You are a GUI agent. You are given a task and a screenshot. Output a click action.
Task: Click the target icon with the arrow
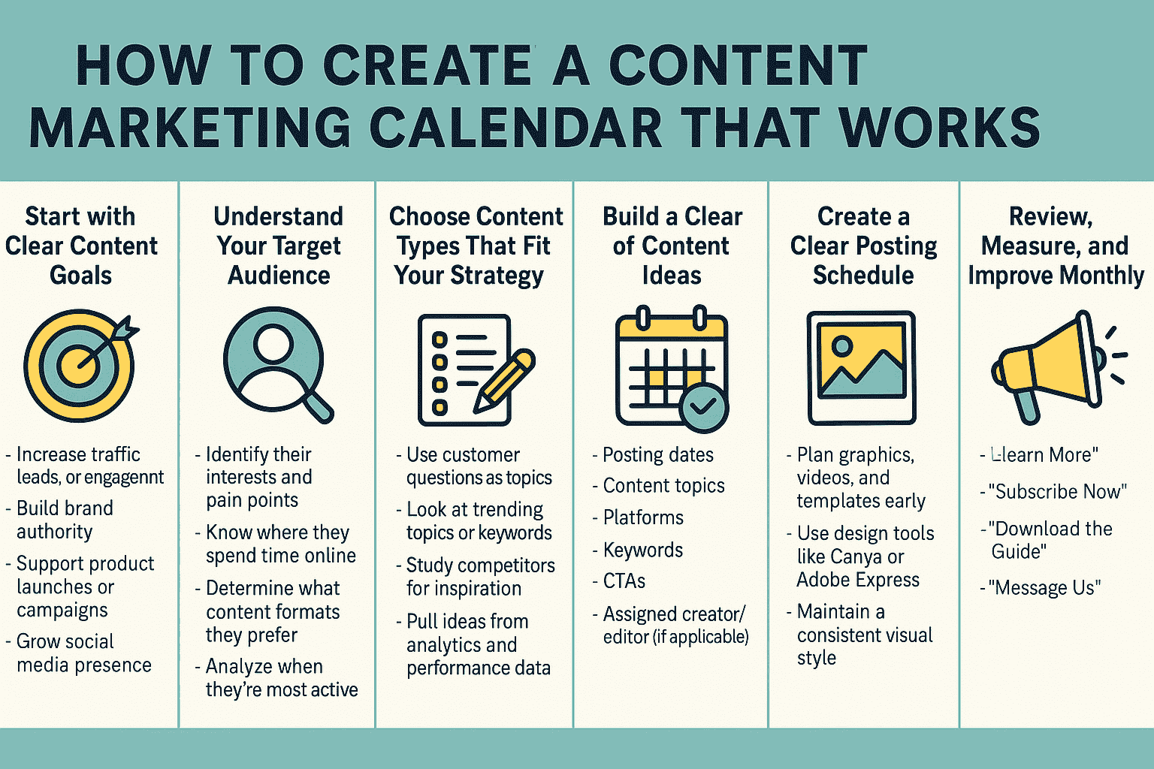pyautogui.click(x=80, y=366)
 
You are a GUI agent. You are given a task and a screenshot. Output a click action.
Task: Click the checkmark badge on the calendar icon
pyautogui.click(x=703, y=408)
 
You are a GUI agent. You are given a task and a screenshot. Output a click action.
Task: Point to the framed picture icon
pyautogui.click(x=861, y=368)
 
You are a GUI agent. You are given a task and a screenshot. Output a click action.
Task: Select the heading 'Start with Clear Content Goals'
pyautogui.click(x=80, y=246)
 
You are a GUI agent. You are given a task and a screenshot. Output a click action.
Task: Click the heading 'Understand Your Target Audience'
pyautogui.click(x=278, y=246)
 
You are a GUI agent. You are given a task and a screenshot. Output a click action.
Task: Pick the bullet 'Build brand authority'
pyautogui.click(x=65, y=520)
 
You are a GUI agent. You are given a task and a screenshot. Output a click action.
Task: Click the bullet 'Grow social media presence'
pyautogui.click(x=83, y=653)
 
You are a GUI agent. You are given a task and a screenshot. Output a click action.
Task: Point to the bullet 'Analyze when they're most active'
pyautogui.click(x=281, y=677)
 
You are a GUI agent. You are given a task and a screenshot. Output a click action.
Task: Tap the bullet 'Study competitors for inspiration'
pyautogui.click(x=479, y=577)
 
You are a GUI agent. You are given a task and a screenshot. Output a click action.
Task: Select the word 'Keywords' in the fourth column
pyautogui.click(x=642, y=550)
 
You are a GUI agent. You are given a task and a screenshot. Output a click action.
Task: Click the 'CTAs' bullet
pyautogui.click(x=624, y=581)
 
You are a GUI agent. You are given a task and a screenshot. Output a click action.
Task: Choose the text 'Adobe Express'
pyautogui.click(x=858, y=580)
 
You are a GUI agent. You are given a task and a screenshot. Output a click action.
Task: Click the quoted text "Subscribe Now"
pyautogui.click(x=1057, y=492)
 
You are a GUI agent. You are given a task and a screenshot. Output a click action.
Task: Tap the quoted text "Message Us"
pyautogui.click(x=1047, y=587)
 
